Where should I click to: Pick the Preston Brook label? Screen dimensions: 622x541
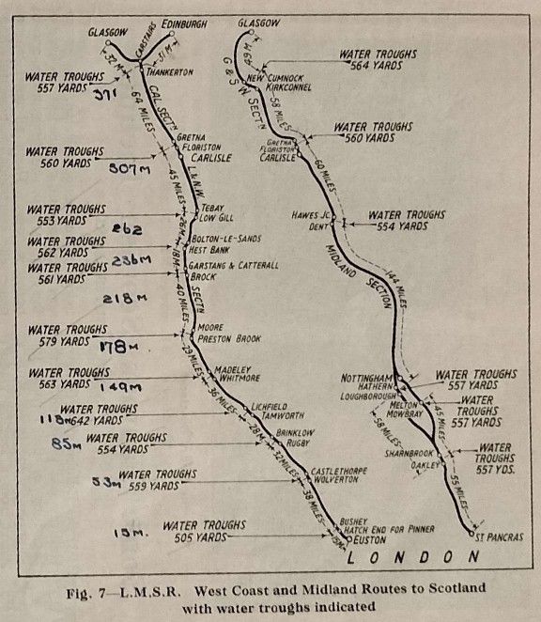click(x=228, y=338)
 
